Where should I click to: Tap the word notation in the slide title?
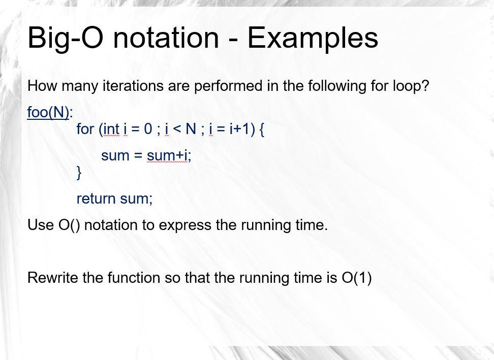pyautogui.click(x=166, y=38)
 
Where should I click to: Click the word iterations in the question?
pyautogui.click(x=133, y=86)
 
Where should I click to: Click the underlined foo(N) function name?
pyautogui.click(x=48, y=112)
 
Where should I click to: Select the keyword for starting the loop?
pyautogui.click(x=85, y=128)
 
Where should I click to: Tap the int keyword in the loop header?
pyautogui.click(x=111, y=129)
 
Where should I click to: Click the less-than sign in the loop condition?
pyautogui.click(x=176, y=129)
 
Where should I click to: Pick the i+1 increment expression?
pyautogui.click(x=239, y=128)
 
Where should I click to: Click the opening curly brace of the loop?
pyautogui.click(x=261, y=129)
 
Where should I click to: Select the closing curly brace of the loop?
pyautogui.click(x=79, y=173)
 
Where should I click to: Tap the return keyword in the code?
pyautogui.click(x=96, y=199)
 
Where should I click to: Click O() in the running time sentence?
pyautogui.click(x=69, y=225)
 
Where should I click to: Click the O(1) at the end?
pyautogui.click(x=356, y=278)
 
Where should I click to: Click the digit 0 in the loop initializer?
pyautogui.click(x=148, y=129)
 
